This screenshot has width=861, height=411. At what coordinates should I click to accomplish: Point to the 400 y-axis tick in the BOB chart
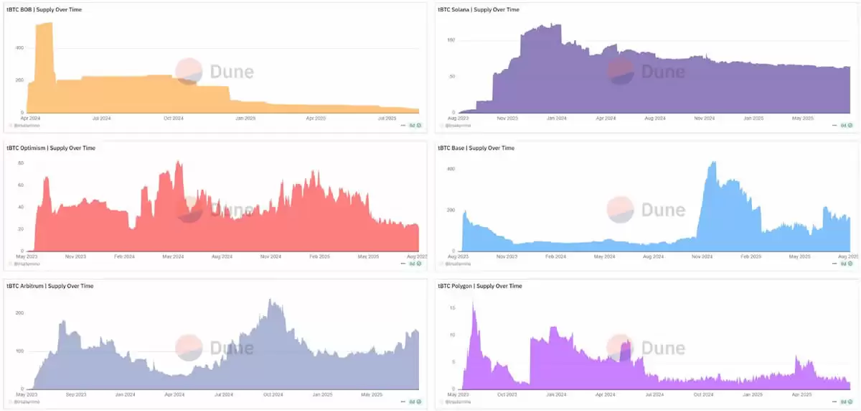click(19, 48)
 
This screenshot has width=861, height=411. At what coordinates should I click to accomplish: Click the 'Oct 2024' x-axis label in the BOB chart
click(174, 118)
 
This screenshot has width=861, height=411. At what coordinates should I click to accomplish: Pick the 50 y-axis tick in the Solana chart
click(451, 76)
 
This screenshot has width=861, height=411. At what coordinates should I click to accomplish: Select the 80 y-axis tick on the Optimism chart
click(21, 163)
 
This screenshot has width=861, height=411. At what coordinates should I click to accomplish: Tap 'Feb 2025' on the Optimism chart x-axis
click(318, 257)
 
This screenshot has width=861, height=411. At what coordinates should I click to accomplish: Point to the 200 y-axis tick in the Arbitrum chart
click(19, 313)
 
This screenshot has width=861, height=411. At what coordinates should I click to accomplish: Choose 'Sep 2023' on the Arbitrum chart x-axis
click(75, 394)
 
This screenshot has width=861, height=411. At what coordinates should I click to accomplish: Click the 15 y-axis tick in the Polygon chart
click(453, 308)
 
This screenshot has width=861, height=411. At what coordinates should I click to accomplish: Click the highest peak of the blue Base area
click(713, 162)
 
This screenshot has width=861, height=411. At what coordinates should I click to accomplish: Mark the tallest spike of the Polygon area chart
click(474, 303)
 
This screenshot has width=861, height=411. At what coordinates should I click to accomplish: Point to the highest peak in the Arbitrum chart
click(270, 300)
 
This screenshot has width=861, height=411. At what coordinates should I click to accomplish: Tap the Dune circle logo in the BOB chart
click(189, 71)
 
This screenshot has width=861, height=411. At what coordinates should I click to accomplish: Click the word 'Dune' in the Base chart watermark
click(662, 209)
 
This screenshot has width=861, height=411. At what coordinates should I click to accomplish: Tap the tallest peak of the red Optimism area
click(179, 162)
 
